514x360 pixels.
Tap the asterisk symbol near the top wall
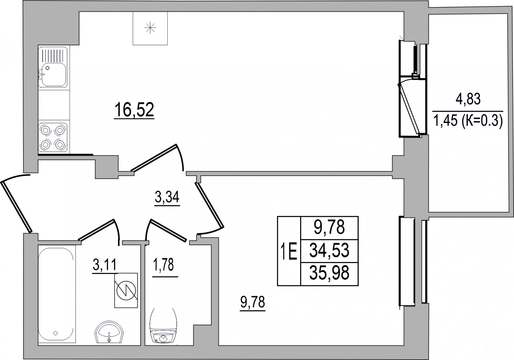coord(150,28)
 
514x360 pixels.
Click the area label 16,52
coord(134,110)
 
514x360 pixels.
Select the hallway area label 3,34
coord(167,198)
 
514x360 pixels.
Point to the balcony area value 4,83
coord(468,99)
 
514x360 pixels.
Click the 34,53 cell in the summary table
coord(329,251)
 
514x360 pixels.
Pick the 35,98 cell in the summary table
coord(329,273)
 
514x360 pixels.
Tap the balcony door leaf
coord(409,108)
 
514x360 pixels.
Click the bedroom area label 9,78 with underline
coord(253,303)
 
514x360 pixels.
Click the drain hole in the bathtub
coord(55,333)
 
